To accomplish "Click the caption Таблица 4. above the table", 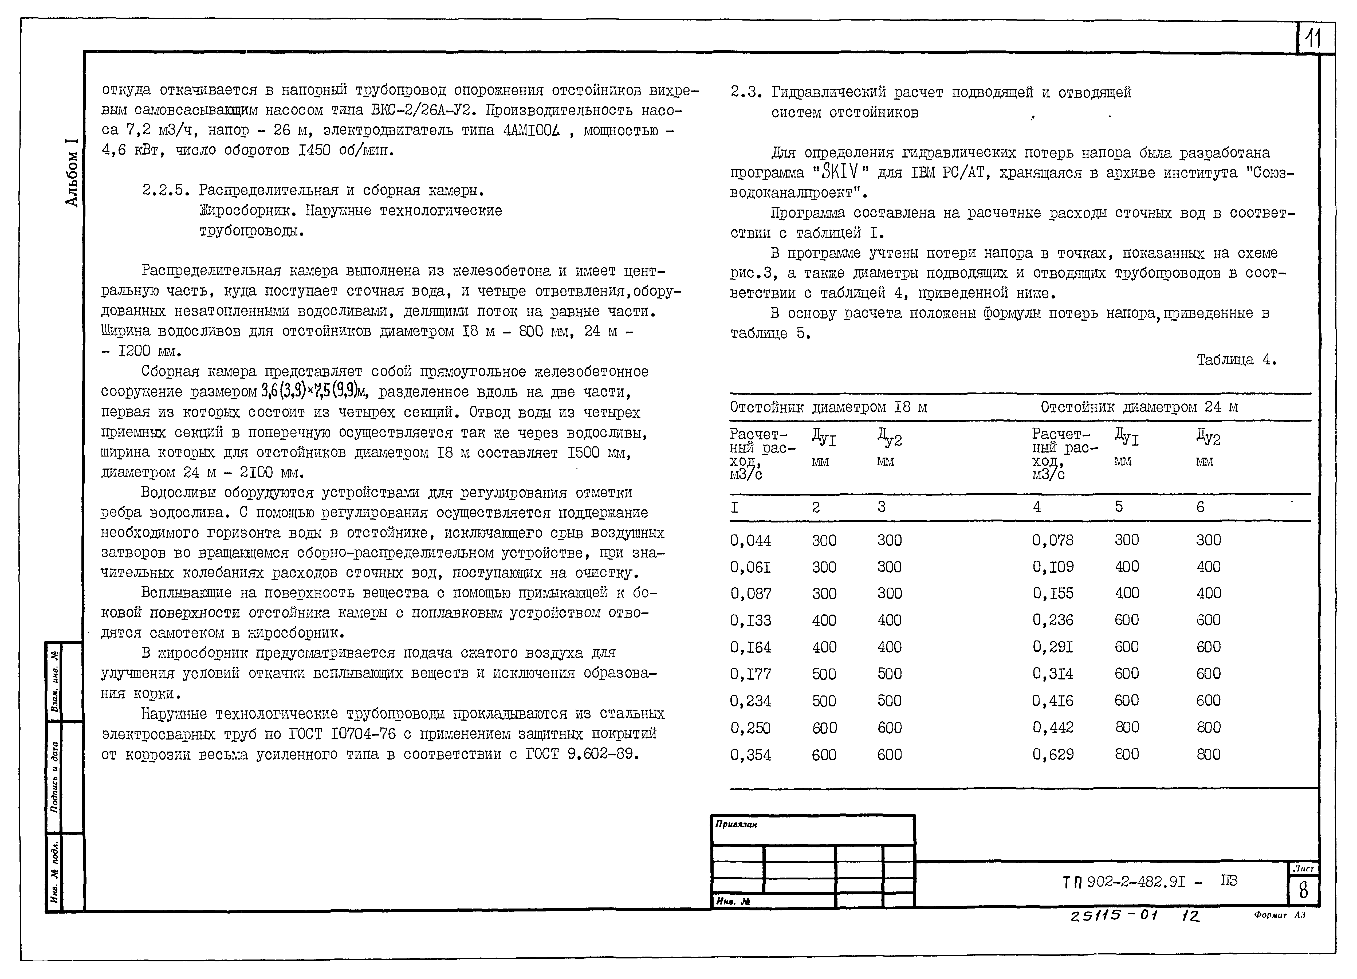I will point(1236,360).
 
